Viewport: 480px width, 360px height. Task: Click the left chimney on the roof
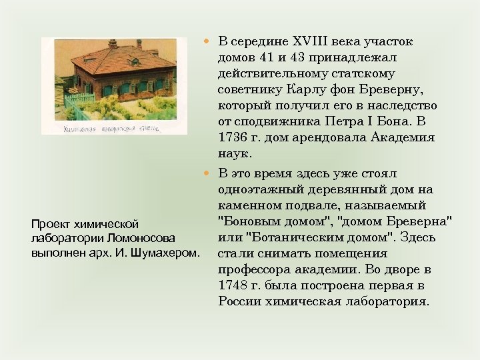click(113, 43)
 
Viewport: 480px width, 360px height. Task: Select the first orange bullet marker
click(207, 42)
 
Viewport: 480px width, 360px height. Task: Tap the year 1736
click(233, 138)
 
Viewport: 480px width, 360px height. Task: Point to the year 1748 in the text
click(233, 285)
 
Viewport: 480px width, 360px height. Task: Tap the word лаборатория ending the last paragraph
click(387, 301)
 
